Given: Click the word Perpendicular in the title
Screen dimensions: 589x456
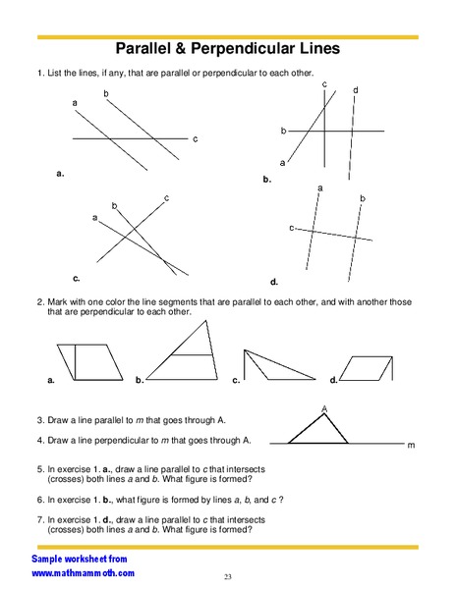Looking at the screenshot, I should tap(274, 47).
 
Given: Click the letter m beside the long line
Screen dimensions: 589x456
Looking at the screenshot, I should tap(411, 446).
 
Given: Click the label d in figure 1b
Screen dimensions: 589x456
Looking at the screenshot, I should tap(355, 90).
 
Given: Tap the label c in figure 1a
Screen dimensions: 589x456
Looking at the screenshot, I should tap(195, 138).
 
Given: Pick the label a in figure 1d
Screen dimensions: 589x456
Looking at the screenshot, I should tap(320, 187).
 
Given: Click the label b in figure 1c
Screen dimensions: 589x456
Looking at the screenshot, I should tap(114, 205).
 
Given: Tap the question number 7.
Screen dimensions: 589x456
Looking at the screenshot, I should tap(39, 518).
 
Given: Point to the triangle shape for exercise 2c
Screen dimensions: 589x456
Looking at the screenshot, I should tap(275, 365).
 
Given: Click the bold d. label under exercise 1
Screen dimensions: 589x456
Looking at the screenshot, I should tap(274, 281).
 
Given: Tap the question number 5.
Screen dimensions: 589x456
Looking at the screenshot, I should tap(39, 469).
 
